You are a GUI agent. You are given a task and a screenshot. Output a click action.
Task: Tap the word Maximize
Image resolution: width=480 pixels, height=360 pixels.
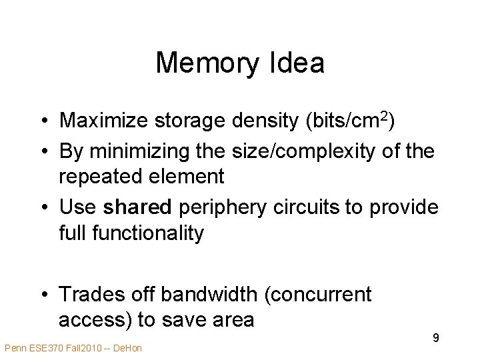click(103, 121)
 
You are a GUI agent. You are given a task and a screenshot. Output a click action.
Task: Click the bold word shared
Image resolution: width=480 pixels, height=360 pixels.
click(137, 207)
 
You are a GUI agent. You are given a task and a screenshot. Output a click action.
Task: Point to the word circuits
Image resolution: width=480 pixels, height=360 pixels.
click(307, 207)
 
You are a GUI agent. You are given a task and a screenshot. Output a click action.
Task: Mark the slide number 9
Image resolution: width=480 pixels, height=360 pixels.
click(435, 338)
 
